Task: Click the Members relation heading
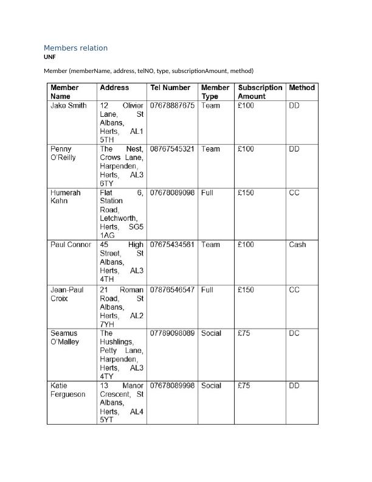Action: click(75, 48)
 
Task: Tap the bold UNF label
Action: click(49, 57)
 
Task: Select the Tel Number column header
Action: click(170, 88)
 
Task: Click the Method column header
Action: click(301, 88)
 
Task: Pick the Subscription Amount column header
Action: click(260, 92)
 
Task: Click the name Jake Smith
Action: click(68, 105)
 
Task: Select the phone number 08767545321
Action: click(172, 149)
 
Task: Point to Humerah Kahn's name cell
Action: click(65, 197)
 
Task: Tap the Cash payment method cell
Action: click(297, 245)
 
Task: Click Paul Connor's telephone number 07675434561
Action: click(172, 245)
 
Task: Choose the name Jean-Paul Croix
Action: click(66, 294)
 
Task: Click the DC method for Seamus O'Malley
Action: click(294, 334)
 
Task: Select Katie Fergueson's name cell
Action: click(67, 389)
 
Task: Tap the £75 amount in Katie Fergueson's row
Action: click(244, 386)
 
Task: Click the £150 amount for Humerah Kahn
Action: click(246, 192)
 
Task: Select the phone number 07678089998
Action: click(172, 386)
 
